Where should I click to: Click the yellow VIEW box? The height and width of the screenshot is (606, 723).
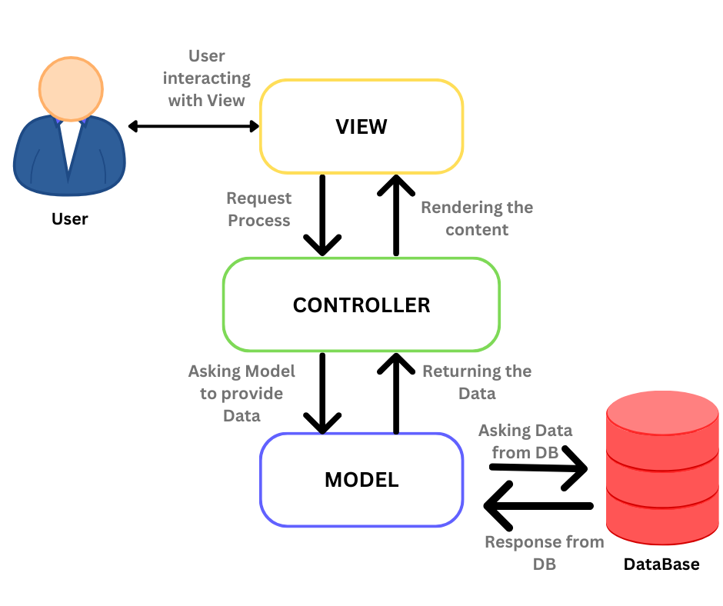pos(361,126)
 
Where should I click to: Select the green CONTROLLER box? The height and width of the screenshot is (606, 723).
pos(361,305)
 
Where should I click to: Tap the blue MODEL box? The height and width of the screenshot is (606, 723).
pos(361,480)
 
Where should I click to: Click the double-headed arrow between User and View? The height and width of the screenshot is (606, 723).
pos(194,126)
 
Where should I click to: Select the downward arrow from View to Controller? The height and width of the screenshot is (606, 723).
pos(322,215)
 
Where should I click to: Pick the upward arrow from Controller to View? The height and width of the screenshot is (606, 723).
pos(397,215)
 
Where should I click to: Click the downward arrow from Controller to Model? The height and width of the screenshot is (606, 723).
pos(322,392)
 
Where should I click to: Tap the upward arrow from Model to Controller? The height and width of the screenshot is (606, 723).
pos(397,392)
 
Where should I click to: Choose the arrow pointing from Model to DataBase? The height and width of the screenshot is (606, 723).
pos(538,470)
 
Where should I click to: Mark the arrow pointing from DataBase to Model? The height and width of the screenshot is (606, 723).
pos(538,506)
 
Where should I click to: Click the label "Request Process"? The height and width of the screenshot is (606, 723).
pos(258,209)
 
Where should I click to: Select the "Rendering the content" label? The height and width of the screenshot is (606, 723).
pos(477,218)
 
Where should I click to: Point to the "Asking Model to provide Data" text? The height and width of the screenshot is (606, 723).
pos(242,393)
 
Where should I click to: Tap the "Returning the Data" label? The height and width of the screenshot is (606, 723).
pos(477,381)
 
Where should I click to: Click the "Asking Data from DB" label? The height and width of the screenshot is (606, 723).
pos(525,441)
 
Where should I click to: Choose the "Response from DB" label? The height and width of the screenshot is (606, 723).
pos(544,552)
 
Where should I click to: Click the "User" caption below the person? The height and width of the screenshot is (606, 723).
pos(70,219)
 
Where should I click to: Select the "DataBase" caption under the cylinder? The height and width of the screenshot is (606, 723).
pos(661,564)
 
